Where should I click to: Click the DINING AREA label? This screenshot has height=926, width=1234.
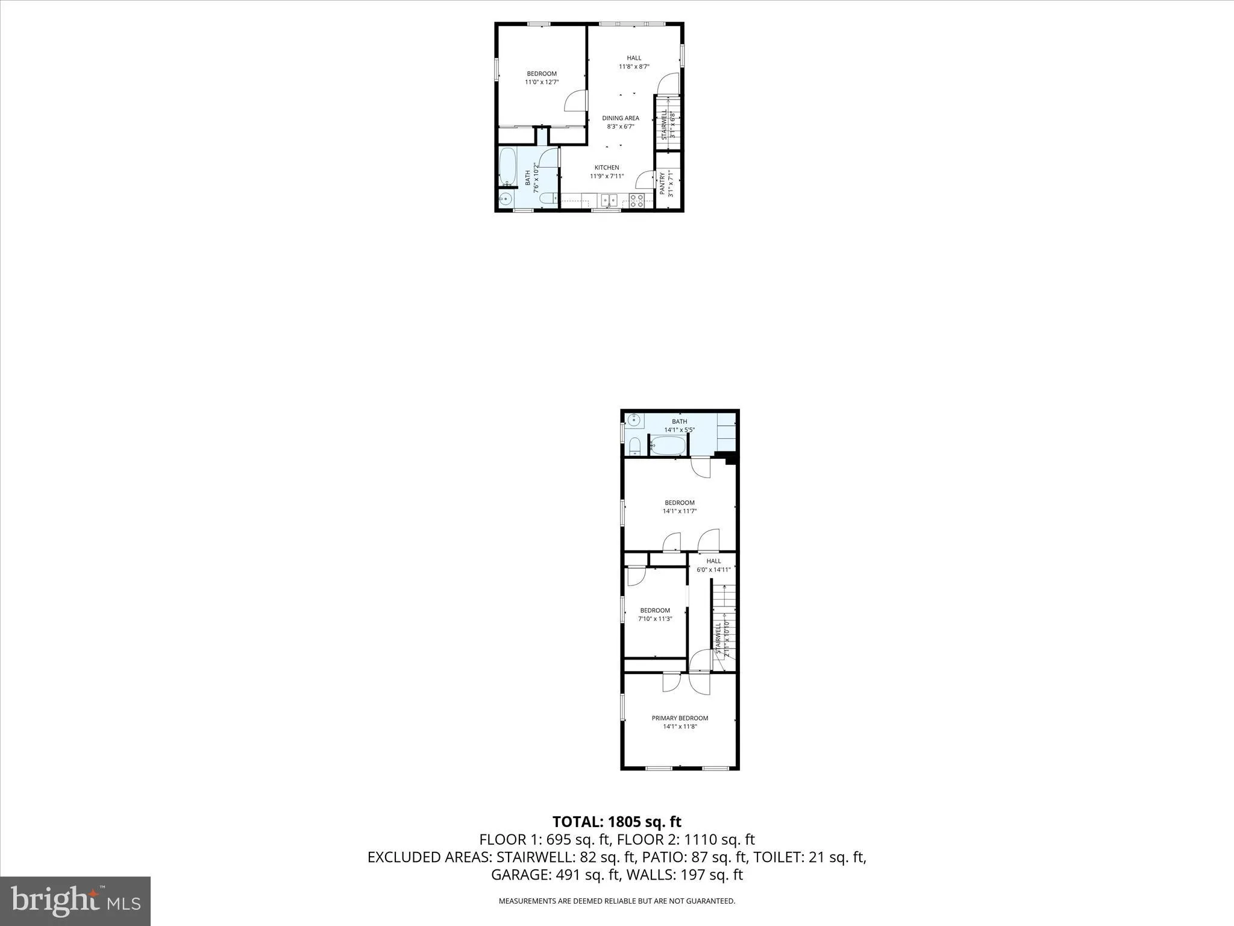(620, 118)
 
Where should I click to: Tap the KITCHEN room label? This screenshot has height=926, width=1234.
(607, 168)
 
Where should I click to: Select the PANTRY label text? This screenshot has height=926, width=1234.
(662, 183)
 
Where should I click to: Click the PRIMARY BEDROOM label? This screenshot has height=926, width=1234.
(680, 718)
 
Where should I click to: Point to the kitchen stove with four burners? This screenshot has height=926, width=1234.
(637, 201)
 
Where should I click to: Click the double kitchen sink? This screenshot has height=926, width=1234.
(609, 200)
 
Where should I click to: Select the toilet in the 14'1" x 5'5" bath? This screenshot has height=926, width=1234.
(634, 446)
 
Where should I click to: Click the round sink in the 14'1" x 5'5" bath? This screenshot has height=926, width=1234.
(633, 420)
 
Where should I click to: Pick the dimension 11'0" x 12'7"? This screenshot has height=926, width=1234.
(542, 82)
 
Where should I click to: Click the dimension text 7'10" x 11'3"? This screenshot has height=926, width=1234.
(655, 619)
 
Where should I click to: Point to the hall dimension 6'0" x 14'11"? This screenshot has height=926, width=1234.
(713, 570)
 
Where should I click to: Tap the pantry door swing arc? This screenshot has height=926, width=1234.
(645, 180)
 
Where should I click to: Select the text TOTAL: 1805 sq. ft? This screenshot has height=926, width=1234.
(616, 822)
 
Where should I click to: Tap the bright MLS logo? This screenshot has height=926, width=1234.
(75, 901)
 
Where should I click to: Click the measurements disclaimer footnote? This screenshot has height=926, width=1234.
(616, 901)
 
